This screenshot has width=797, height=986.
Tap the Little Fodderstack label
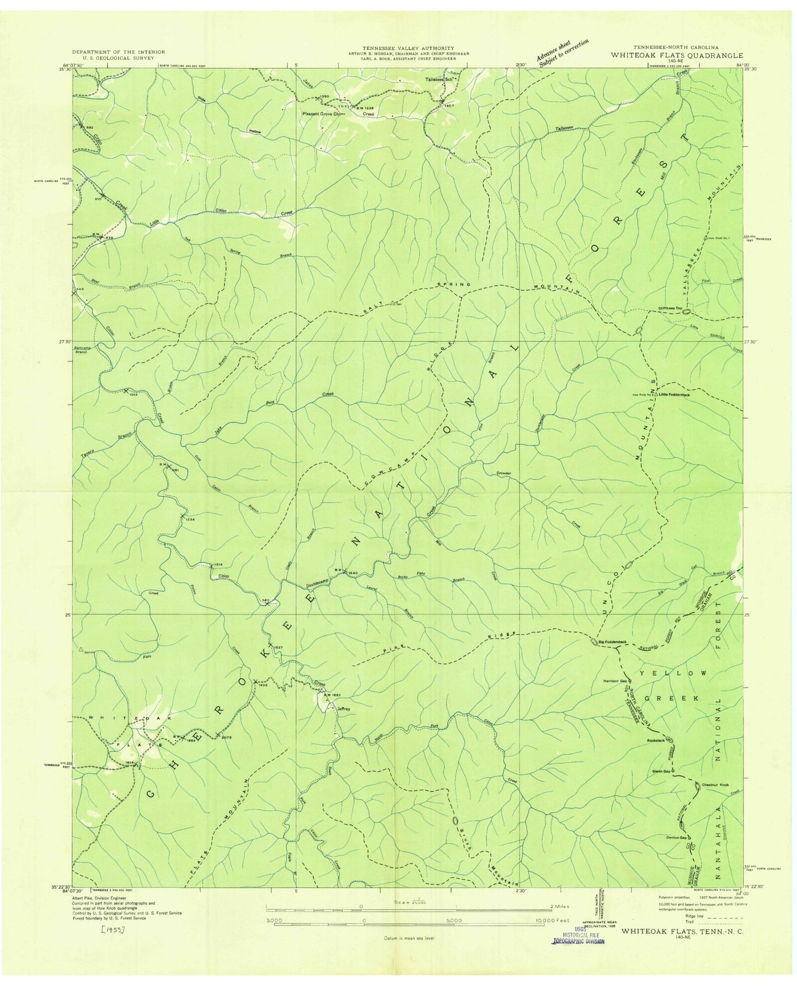pyautogui.click(x=673, y=394)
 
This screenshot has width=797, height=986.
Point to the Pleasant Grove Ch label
pyautogui.click(x=323, y=114)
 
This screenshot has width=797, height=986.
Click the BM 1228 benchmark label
pyautogui.click(x=364, y=107)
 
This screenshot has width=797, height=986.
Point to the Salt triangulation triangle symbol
pyautogui.click(x=392, y=303)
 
